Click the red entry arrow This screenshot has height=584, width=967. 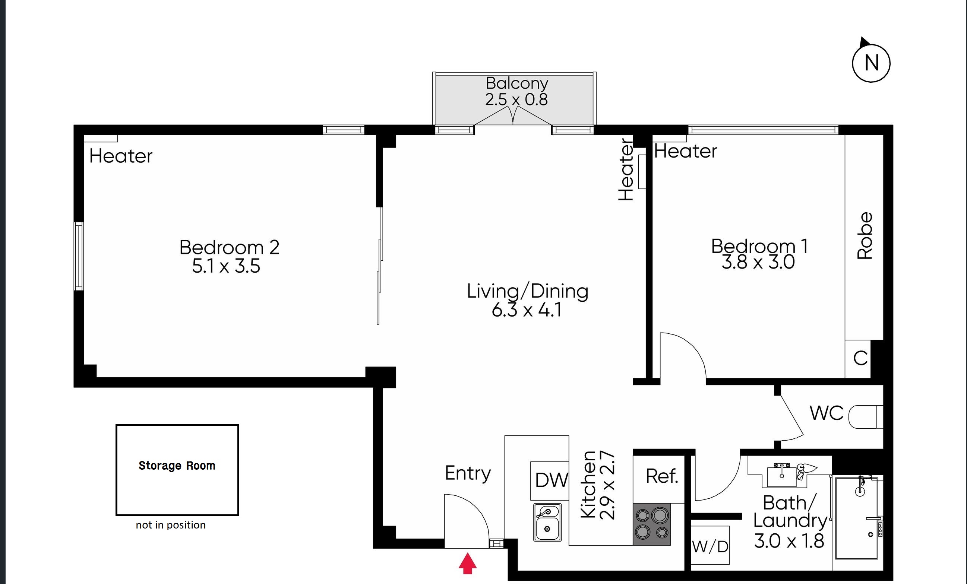(x=467, y=563)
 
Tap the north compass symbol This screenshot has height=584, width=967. (x=871, y=61)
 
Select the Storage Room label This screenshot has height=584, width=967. (x=177, y=466)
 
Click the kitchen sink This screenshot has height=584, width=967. (x=547, y=523)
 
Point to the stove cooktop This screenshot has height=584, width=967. (x=651, y=524)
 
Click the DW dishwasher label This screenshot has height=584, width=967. (x=552, y=480)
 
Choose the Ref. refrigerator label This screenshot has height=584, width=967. (x=662, y=476)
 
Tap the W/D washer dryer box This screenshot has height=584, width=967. (x=710, y=546)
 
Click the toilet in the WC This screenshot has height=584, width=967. (x=865, y=417)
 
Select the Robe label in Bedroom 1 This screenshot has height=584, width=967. (x=865, y=236)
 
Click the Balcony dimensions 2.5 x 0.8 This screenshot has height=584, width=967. (x=516, y=99)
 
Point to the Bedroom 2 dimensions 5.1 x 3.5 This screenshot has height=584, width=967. (x=226, y=266)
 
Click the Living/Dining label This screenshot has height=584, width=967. (x=527, y=291)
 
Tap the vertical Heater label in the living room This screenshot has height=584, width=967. (x=626, y=169)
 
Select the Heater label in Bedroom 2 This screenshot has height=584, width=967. (x=121, y=156)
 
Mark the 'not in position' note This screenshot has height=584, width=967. (x=171, y=525)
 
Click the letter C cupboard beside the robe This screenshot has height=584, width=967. (x=860, y=358)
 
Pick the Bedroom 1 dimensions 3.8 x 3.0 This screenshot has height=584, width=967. (x=758, y=262)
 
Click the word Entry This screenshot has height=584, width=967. (x=468, y=473)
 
